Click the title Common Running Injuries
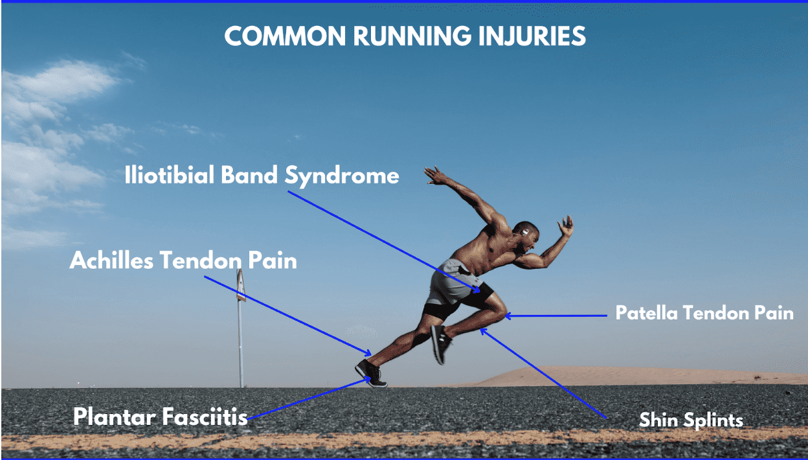click(x=405, y=36)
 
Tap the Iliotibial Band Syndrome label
click(x=262, y=176)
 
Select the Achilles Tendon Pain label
click(x=183, y=260)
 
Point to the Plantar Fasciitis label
click(x=160, y=417)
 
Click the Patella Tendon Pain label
click(x=704, y=314)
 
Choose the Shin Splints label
click(x=691, y=420)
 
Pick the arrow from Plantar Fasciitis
click(x=308, y=399)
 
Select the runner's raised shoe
click(x=441, y=343)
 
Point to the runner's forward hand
click(x=567, y=226)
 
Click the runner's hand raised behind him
click(x=435, y=174)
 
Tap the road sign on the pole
click(x=240, y=285)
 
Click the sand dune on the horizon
click(x=583, y=374)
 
